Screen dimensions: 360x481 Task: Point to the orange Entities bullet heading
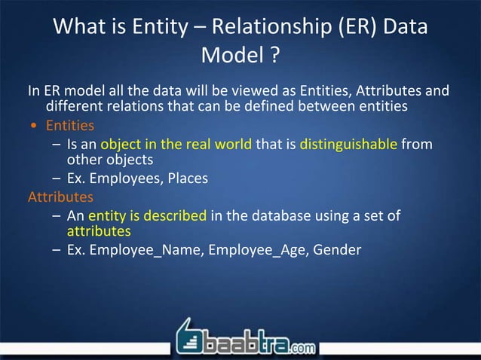pyautogui.click(x=70, y=125)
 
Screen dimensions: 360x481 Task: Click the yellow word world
pyautogui.click(x=230, y=143)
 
